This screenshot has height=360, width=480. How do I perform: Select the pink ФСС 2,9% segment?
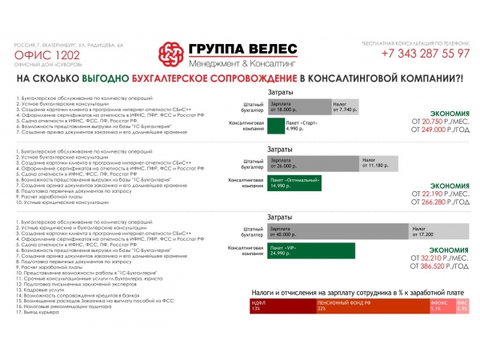[x=462, y=306]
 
